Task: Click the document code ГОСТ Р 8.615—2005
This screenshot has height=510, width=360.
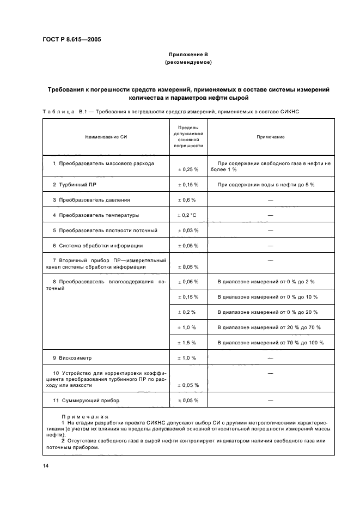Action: click(x=71, y=40)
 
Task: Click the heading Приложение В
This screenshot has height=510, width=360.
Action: click(x=188, y=55)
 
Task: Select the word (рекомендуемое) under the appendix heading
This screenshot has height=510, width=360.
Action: click(x=188, y=63)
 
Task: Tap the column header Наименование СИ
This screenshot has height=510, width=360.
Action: click(x=106, y=137)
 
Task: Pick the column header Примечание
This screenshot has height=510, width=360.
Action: click(x=270, y=137)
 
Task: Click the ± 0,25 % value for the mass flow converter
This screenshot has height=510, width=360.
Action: click(x=188, y=169)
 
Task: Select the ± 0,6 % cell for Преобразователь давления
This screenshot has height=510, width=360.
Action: click(x=188, y=200)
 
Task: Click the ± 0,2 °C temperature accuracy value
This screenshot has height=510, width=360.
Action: click(x=188, y=215)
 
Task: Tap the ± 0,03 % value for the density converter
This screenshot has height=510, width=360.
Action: click(x=188, y=230)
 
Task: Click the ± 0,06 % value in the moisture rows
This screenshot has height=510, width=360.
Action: click(x=188, y=282)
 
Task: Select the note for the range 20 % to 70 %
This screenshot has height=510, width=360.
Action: click(x=269, y=327)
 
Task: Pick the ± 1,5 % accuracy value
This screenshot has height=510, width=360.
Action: click(x=188, y=343)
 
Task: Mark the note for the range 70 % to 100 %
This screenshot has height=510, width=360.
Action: click(x=270, y=343)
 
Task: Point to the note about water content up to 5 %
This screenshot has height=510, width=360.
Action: click(x=266, y=185)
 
